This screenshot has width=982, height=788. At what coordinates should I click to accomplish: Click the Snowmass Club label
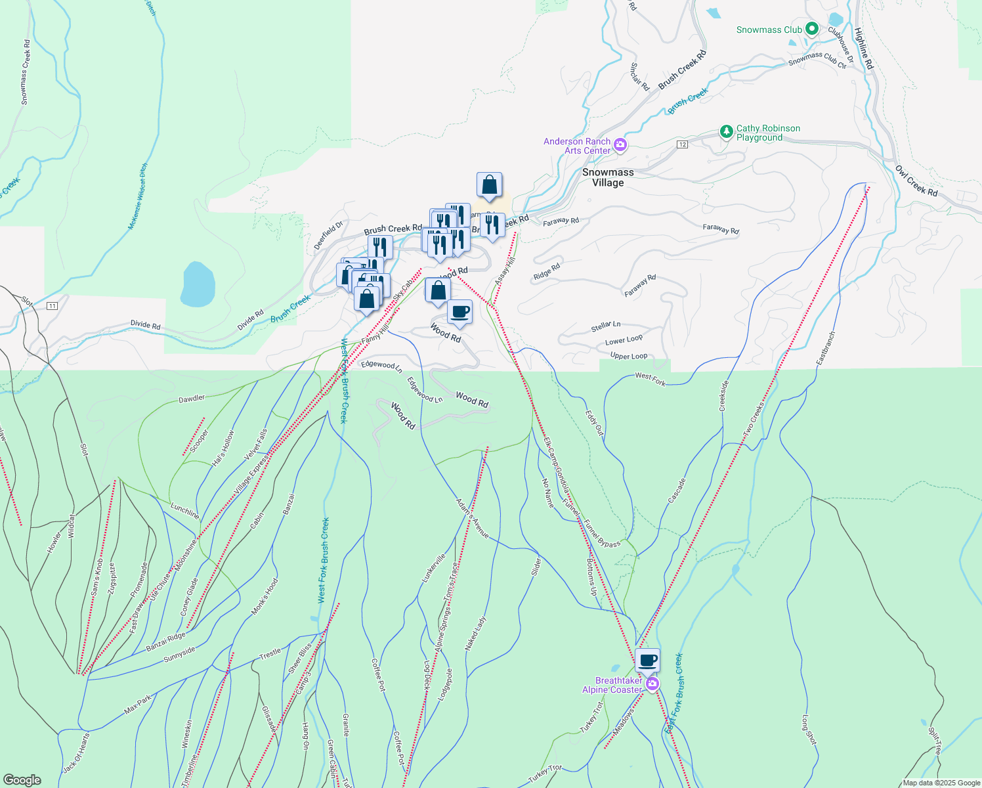(x=769, y=30)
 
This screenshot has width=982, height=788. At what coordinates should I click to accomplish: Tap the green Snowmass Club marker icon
(x=812, y=29)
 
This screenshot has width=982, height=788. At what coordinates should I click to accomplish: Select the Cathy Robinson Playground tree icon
(x=726, y=131)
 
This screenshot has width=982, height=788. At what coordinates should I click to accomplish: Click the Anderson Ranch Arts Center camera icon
(x=620, y=144)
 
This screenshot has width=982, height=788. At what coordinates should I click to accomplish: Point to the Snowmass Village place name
(x=608, y=177)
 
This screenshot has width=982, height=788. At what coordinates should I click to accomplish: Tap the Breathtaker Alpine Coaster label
(x=612, y=685)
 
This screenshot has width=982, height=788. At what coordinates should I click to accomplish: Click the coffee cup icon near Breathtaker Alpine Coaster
(x=647, y=660)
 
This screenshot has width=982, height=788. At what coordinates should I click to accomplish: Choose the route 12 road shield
(x=683, y=144)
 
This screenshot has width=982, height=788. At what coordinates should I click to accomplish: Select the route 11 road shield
(x=53, y=306)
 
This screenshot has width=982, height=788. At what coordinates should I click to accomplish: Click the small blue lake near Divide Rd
(x=198, y=284)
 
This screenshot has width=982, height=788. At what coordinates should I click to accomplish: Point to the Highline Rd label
(x=864, y=48)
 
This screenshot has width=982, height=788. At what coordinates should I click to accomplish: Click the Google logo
(x=22, y=779)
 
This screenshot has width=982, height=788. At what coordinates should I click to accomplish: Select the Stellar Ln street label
(x=605, y=326)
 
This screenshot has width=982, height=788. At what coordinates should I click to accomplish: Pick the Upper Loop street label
(x=629, y=356)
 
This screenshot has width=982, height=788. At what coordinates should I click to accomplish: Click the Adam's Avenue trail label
(x=473, y=519)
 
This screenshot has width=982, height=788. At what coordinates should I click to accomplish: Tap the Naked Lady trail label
(x=476, y=633)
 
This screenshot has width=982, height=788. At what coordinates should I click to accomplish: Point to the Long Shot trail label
(x=809, y=730)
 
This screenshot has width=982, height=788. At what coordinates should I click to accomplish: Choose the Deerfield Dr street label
(x=328, y=235)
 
